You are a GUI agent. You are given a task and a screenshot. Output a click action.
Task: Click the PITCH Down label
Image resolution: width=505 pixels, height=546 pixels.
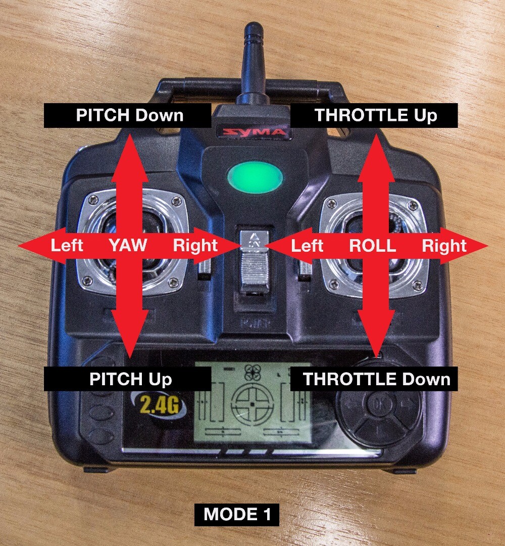click(129, 115)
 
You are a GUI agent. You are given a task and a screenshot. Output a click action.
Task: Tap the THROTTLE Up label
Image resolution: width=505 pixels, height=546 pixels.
click(376, 115)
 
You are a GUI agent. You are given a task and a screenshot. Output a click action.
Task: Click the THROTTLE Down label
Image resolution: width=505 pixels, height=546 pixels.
click(376, 379)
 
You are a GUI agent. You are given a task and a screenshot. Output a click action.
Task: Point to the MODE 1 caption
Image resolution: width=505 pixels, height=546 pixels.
click(237, 515)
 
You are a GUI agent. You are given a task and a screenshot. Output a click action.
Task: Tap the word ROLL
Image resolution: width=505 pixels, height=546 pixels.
click(373, 246)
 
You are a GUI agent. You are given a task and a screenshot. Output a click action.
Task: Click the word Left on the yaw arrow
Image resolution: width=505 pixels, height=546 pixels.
click(67, 246)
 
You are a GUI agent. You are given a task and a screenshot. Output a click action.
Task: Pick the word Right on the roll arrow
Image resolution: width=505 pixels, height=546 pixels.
click(444, 246)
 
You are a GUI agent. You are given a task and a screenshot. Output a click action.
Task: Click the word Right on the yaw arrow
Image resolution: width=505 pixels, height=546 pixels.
click(195, 246)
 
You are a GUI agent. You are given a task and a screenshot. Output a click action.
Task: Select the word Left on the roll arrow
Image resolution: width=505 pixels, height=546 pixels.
click(307, 246)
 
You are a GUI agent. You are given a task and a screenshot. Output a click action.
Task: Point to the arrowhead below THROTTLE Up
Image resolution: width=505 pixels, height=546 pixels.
click(376, 147)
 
